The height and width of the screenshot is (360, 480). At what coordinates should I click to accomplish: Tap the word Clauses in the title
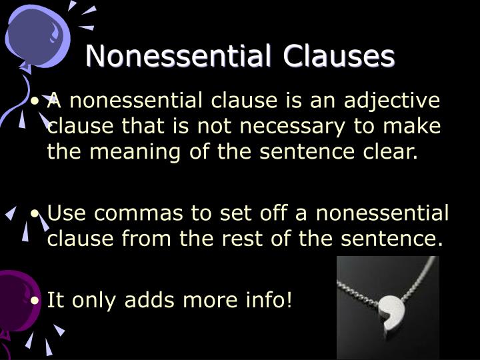(339, 57)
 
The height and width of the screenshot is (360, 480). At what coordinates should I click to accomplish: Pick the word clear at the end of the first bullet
(393, 152)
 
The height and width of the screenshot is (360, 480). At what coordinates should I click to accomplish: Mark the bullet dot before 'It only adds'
(36, 301)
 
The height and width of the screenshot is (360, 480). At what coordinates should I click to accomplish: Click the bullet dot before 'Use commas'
(36, 215)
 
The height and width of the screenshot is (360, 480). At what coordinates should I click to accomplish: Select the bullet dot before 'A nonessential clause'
(36, 102)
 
